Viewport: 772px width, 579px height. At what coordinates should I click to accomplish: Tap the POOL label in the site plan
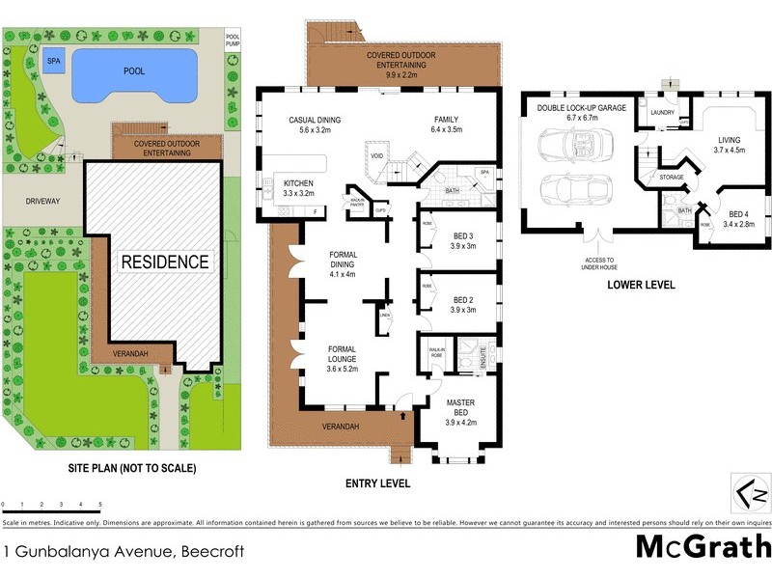134,71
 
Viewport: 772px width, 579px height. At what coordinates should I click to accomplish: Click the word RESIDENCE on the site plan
164,262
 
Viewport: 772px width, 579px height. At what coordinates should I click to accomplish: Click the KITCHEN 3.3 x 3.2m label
300,187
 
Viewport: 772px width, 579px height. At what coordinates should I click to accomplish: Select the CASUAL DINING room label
316,124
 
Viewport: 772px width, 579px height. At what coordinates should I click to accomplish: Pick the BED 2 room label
464,305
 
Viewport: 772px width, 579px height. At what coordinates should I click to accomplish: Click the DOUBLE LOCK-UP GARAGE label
582,113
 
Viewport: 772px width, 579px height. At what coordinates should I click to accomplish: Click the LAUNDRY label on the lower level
662,112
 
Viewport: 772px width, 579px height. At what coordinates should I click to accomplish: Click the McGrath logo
702,547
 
